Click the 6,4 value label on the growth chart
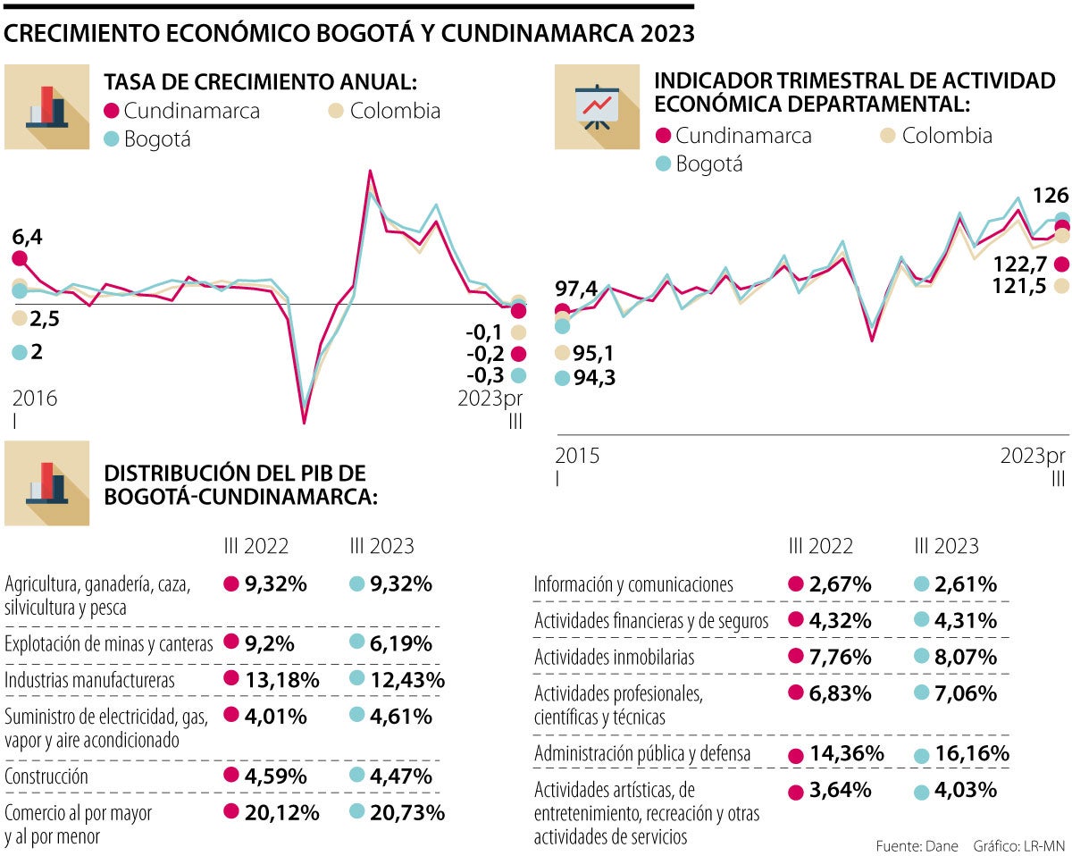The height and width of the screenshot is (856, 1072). click(27, 238)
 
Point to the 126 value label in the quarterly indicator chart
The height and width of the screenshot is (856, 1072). click(1050, 195)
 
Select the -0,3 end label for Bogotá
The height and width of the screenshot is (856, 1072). click(485, 375)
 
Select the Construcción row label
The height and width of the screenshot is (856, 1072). click(46, 776)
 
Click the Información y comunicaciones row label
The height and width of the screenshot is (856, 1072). click(633, 584)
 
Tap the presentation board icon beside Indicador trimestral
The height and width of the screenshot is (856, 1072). click(596, 106)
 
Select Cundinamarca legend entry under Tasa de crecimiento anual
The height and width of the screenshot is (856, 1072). click(182, 111)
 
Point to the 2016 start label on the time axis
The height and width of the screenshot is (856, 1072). click(35, 398)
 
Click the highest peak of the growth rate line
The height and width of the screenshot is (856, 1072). click(370, 172)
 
